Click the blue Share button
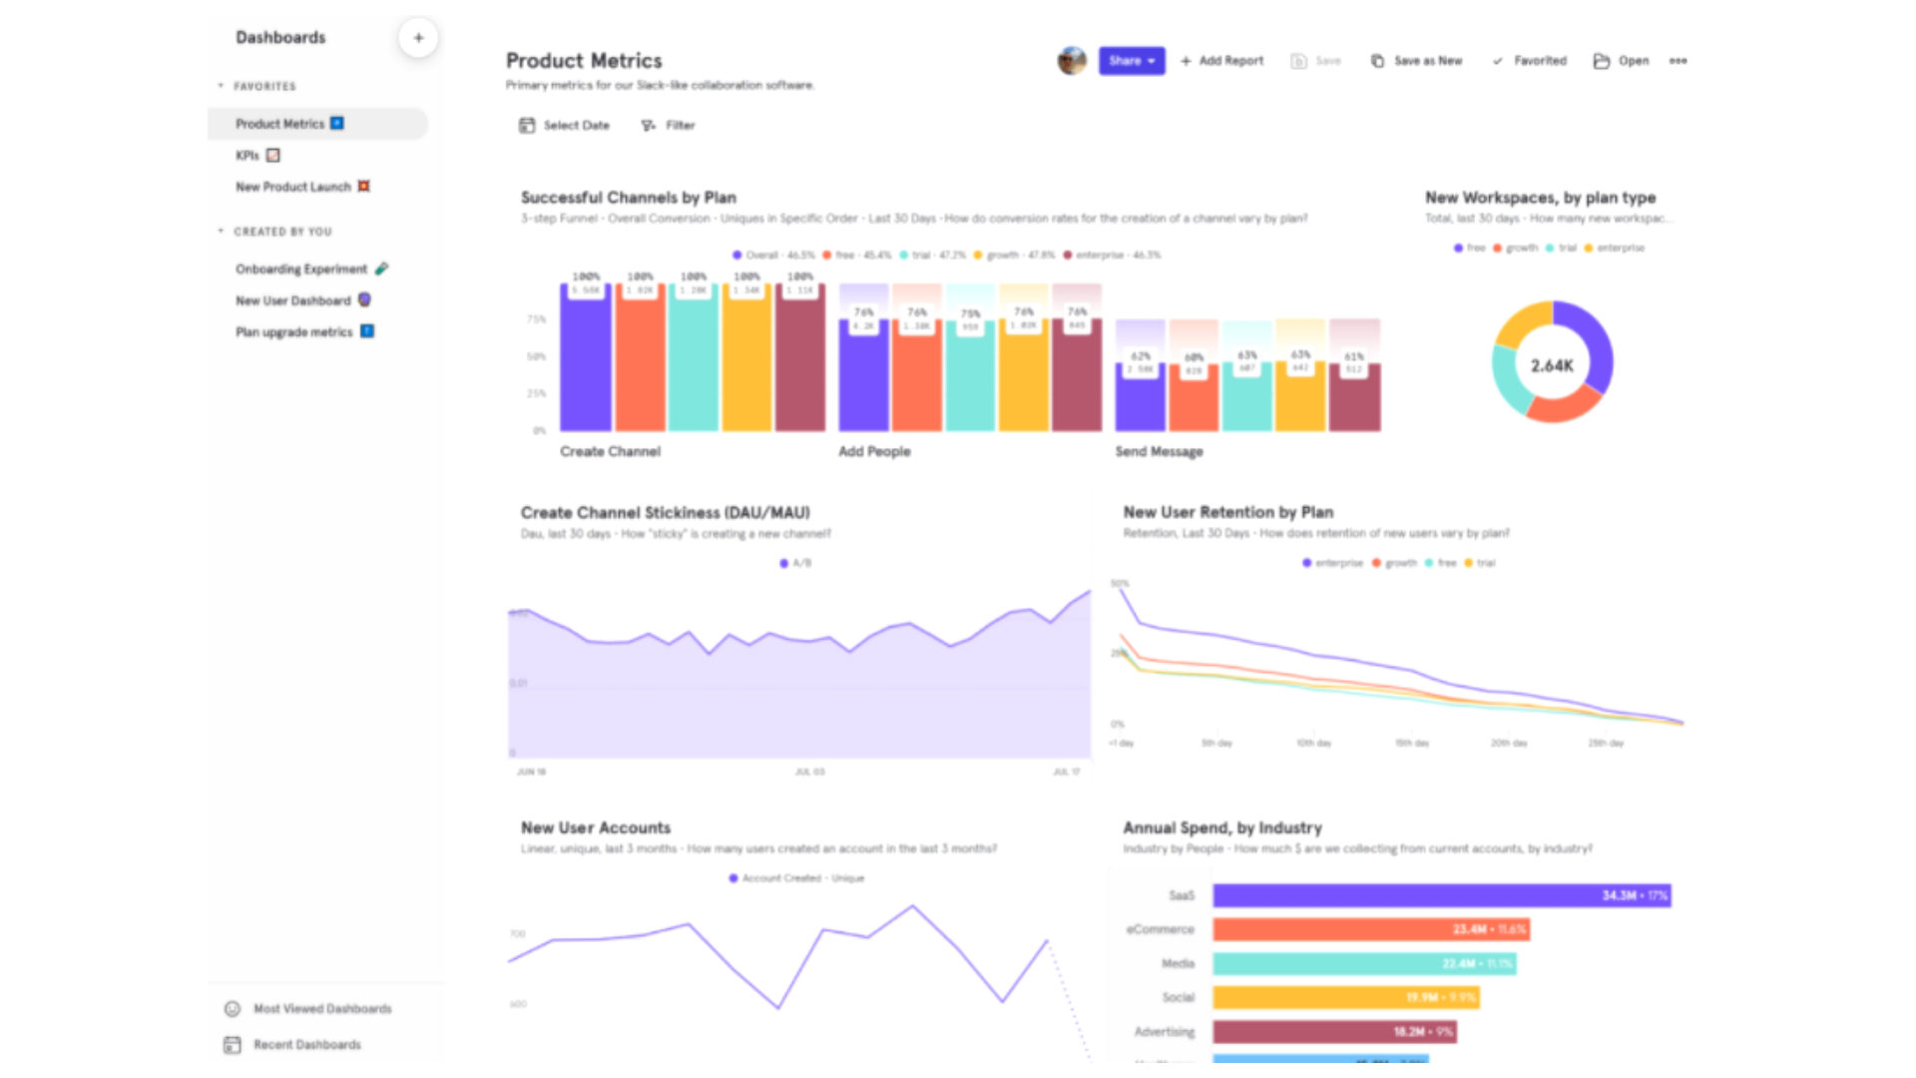(x=1131, y=61)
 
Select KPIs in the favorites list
(x=247, y=156)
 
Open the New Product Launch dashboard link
(x=292, y=187)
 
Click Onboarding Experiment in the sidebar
(x=300, y=269)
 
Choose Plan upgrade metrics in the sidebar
(x=293, y=332)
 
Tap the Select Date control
(x=564, y=126)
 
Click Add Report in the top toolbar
(x=1221, y=61)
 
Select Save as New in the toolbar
(x=1417, y=61)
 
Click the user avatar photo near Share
(x=1071, y=61)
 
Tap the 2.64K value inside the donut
(x=1552, y=366)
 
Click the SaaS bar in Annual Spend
(x=1441, y=896)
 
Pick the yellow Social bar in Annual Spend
(x=1345, y=997)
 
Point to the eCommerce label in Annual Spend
(x=1160, y=930)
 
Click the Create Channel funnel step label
(x=610, y=452)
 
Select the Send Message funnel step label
(x=1159, y=452)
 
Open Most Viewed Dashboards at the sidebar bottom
(x=321, y=1009)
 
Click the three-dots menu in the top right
(x=1677, y=61)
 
